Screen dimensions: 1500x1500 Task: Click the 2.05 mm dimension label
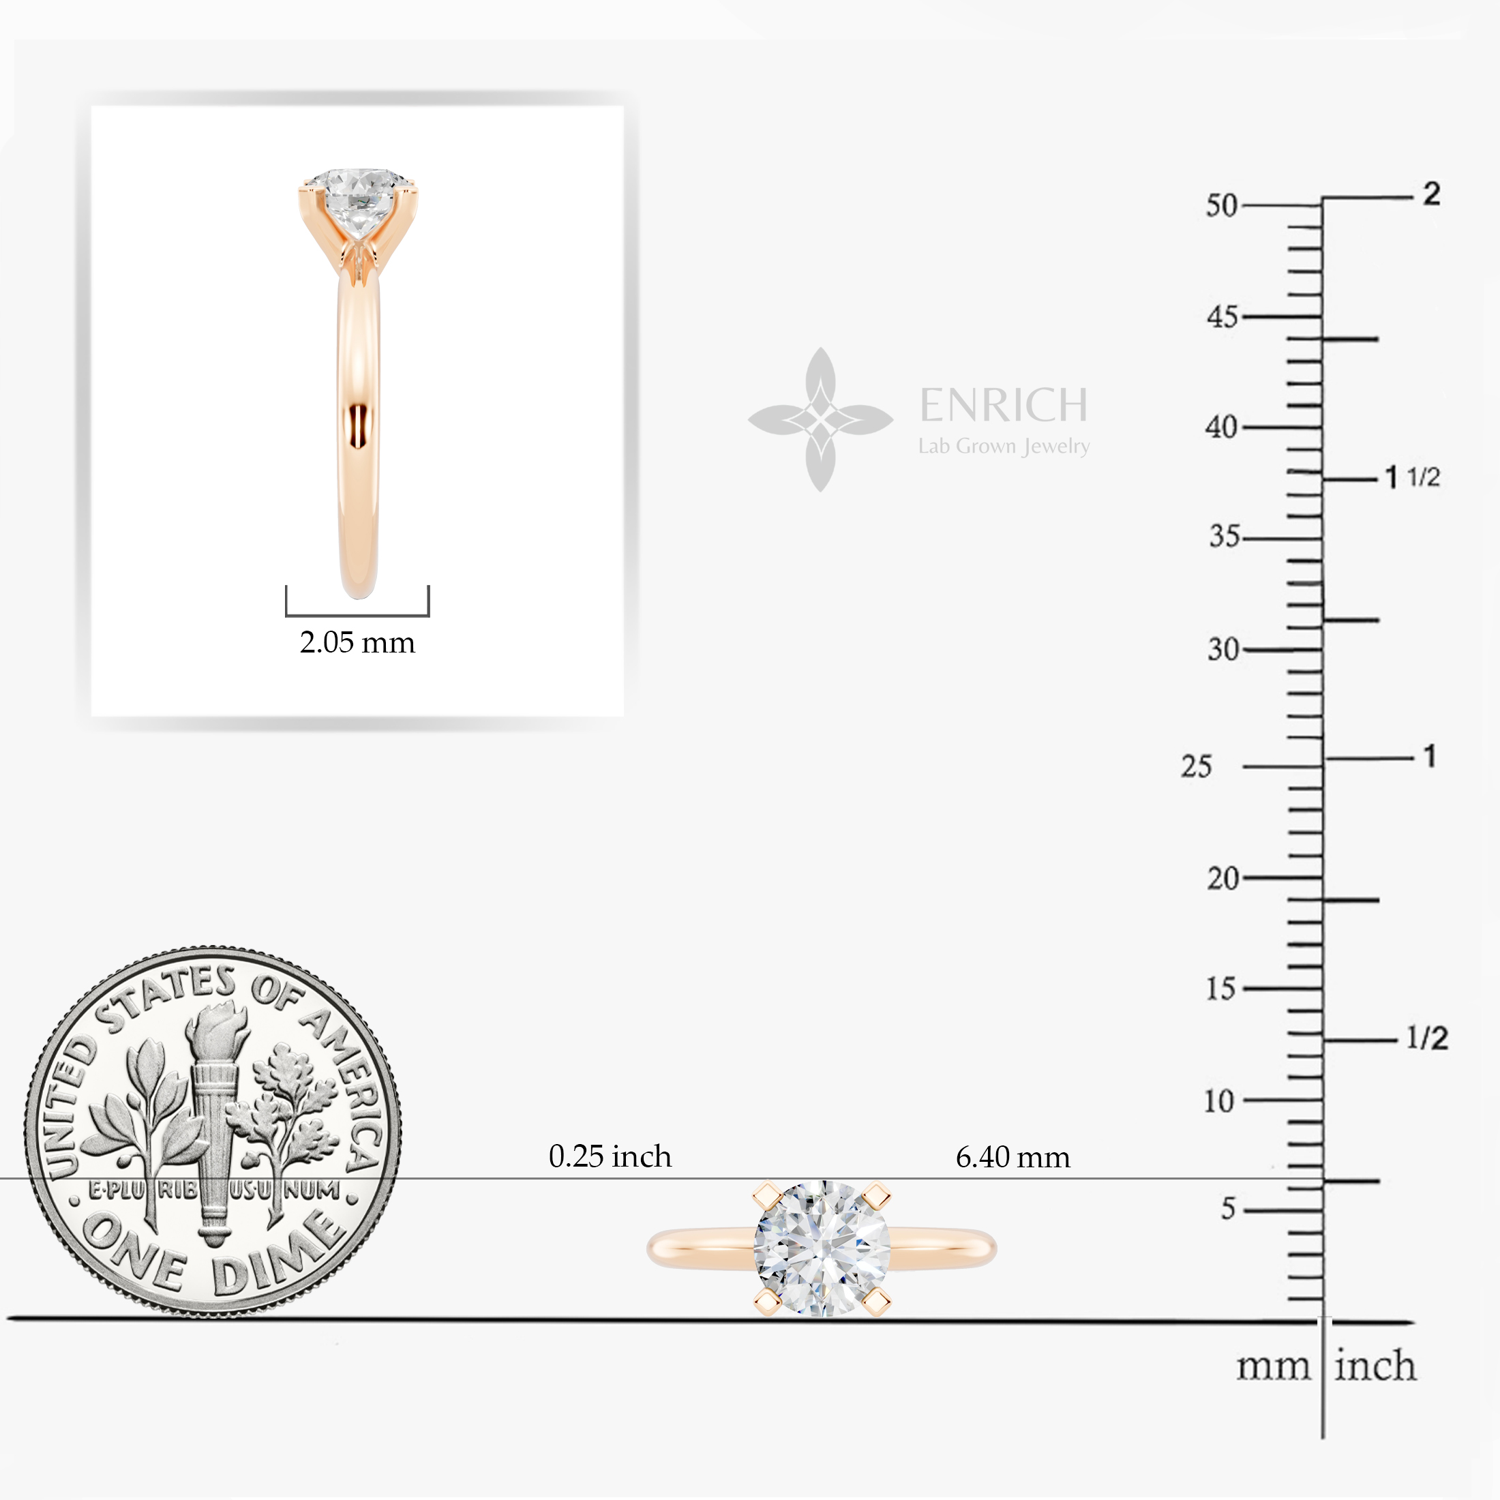point(357,643)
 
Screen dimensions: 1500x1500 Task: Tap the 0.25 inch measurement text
point(610,1157)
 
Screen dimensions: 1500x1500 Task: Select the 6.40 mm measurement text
point(1012,1158)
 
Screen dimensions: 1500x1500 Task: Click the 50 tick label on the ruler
point(1221,206)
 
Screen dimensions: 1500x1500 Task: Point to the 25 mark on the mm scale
point(1197,766)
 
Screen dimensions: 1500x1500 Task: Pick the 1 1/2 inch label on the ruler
point(1413,477)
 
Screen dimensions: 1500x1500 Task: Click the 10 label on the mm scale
point(1219,1101)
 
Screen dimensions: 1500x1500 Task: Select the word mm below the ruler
point(1273,1367)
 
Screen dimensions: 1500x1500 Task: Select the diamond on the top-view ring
point(822,1249)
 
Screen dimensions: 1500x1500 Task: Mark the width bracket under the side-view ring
point(357,614)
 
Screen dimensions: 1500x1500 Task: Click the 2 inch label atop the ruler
point(1432,194)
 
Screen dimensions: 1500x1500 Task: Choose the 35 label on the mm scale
point(1225,537)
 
